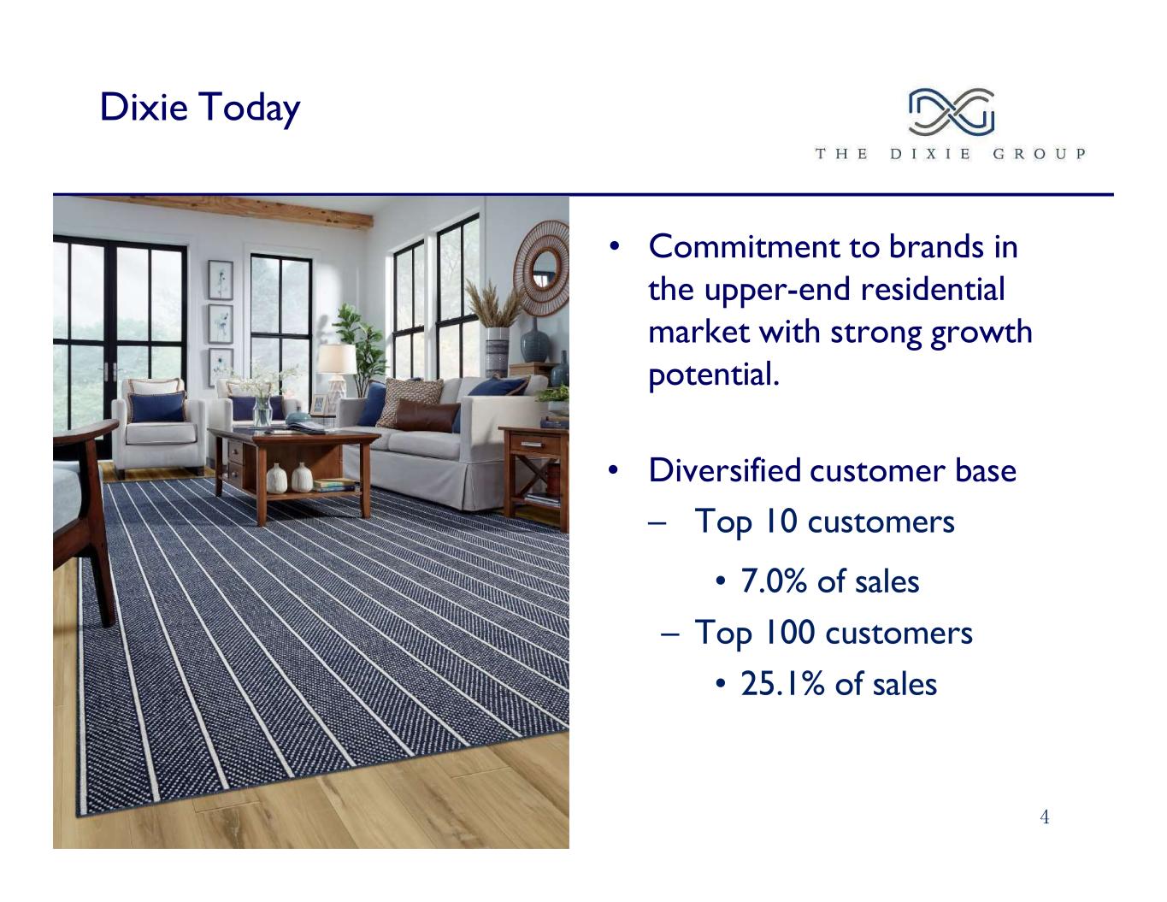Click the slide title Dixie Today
tap(200, 108)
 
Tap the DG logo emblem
tap(951, 112)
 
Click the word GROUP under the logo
tap(1039, 154)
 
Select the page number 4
tap(1045, 817)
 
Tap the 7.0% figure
tap(774, 581)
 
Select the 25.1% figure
tap(782, 684)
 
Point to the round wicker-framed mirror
tap(542, 268)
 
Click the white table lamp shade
tap(337, 359)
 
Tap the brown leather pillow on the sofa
tap(427, 415)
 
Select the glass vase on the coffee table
tap(262, 411)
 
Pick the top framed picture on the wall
tap(221, 280)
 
